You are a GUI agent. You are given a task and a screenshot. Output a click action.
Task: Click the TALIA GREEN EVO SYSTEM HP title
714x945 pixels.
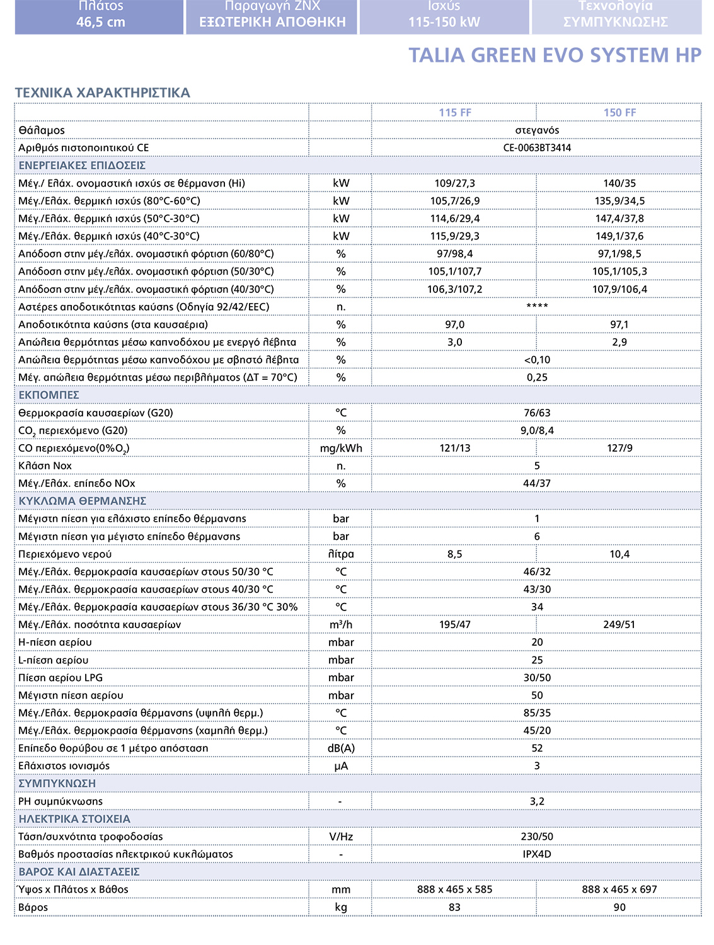click(555, 55)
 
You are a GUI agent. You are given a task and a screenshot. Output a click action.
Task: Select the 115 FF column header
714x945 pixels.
click(455, 113)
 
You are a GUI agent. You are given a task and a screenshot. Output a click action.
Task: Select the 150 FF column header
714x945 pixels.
click(619, 113)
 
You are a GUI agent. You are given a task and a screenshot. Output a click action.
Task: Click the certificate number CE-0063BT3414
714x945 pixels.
click(537, 148)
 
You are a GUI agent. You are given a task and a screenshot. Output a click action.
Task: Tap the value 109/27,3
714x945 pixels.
click(454, 183)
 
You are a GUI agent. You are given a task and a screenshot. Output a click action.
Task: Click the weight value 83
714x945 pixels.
click(454, 907)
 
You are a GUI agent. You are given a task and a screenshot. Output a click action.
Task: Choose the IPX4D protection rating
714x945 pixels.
click(537, 854)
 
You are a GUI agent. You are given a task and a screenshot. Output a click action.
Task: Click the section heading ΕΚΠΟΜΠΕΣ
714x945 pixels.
click(49, 395)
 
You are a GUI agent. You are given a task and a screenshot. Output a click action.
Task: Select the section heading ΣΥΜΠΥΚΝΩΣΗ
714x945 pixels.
click(57, 784)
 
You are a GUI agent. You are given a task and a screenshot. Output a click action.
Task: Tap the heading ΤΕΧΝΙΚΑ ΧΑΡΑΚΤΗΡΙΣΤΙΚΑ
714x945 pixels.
click(102, 93)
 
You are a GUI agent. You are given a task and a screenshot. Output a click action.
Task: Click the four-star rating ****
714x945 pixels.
click(537, 307)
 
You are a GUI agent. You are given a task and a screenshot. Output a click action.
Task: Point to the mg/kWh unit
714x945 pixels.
click(341, 449)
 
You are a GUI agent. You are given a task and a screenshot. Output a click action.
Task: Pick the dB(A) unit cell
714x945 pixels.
click(341, 748)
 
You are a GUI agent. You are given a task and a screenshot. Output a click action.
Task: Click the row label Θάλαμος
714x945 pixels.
click(42, 130)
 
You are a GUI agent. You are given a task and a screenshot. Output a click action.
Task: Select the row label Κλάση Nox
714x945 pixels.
click(45, 466)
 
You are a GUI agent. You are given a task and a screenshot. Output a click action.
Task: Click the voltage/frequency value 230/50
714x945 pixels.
click(537, 837)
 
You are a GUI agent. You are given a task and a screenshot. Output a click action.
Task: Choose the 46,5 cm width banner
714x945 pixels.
click(101, 22)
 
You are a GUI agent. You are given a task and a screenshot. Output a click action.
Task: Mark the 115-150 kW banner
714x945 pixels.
click(444, 22)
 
